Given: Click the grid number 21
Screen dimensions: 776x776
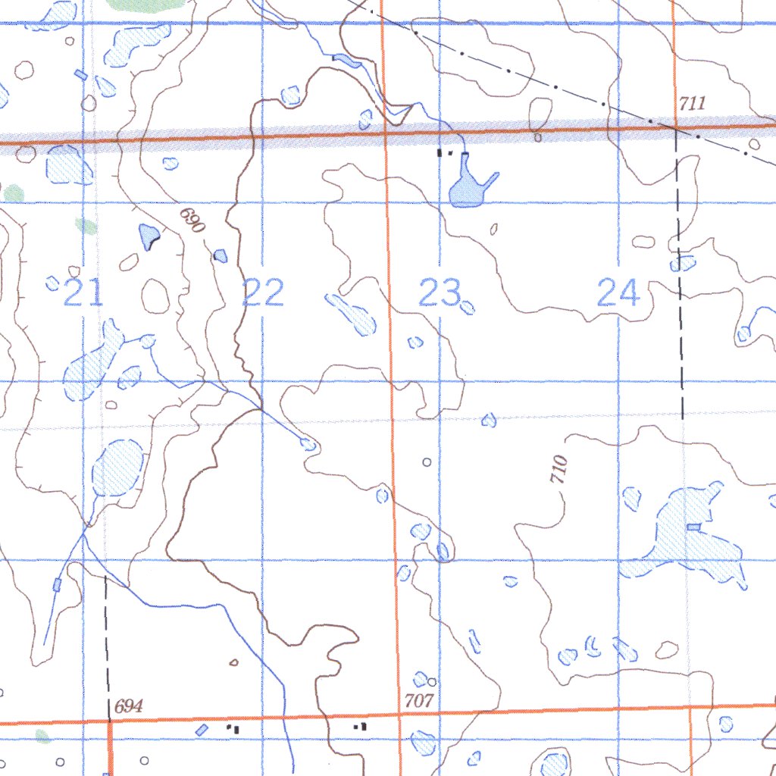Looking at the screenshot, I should pos(83,293).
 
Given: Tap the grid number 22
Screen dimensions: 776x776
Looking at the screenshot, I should pos(263,293).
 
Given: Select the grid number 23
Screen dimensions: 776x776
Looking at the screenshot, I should pos(440,293).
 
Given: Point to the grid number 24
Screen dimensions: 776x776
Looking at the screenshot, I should pos(618,293).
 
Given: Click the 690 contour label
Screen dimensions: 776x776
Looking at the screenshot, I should pos(192,221).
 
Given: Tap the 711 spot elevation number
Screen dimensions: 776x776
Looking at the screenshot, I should pos(692,104).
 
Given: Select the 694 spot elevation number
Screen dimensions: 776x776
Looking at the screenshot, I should pos(128,707).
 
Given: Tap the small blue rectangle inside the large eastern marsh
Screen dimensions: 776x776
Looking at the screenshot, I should pos(693,527).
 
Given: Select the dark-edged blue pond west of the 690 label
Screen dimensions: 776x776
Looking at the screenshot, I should pos(149,237).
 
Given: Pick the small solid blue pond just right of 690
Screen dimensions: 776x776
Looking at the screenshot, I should pos(221,256).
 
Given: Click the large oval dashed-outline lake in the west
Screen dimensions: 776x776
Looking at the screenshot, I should pos(118,468).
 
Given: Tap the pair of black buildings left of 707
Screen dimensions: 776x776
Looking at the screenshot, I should pos(361,726).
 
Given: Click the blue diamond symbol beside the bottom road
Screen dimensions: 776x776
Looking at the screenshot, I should pos(202,730).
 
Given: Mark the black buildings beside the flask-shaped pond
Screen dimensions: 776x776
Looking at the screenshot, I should pos(444,152).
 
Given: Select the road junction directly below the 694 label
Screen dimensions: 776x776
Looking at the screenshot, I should pos(109,721).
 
